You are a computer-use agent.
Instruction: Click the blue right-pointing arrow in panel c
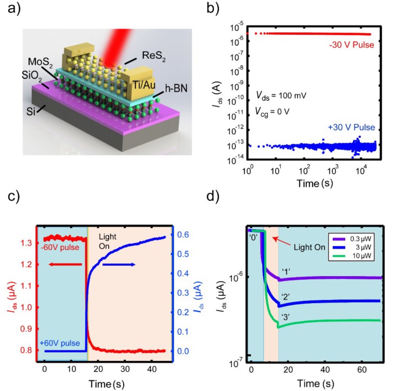coord(119,265)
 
